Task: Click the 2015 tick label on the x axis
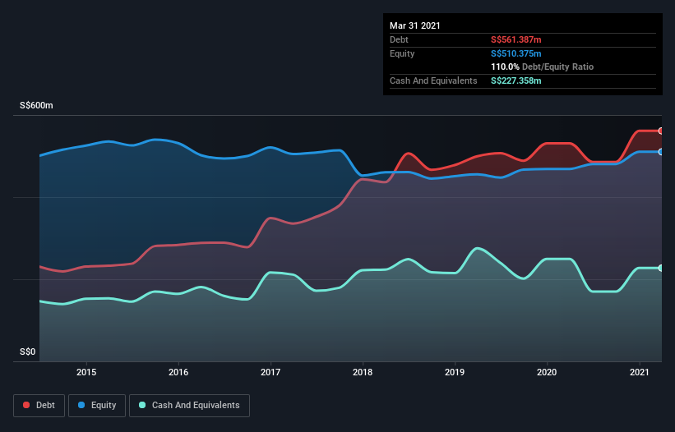tap(86, 372)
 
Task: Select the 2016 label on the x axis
tap(178, 372)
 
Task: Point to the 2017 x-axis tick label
tap(270, 372)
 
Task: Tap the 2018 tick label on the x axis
tap(362, 372)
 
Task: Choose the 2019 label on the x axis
tap(454, 372)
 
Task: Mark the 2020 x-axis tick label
tap(546, 372)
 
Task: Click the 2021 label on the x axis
tap(638, 372)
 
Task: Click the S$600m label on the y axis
tap(36, 106)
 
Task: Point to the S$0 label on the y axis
tap(29, 352)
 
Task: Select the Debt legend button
tap(36, 406)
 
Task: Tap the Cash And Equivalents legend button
tap(189, 406)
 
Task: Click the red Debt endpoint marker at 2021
tap(660, 131)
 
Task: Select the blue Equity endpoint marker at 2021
tap(660, 152)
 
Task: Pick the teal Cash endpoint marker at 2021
tap(660, 268)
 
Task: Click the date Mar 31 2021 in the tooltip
tap(415, 25)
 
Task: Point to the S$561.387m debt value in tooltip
tap(515, 39)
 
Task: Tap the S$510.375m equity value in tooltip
tap(515, 53)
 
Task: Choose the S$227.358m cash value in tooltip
tap(515, 80)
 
